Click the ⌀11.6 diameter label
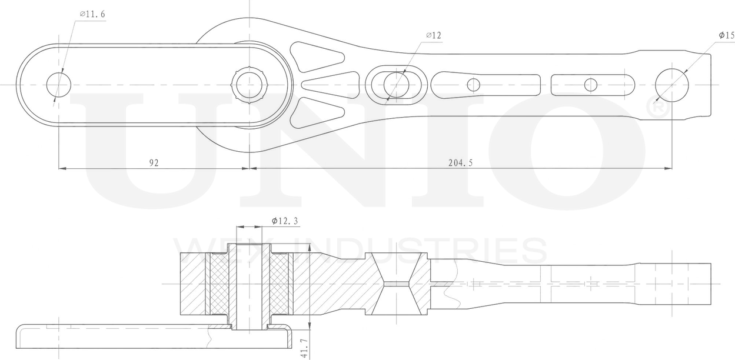[92, 14]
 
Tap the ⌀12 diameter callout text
[434, 35]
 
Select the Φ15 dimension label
[727, 35]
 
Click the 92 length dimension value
[154, 162]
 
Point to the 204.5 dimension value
[460, 162]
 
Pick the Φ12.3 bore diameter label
[285, 221]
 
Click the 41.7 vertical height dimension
[304, 348]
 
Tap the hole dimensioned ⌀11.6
[59, 85]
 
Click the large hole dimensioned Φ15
[671, 85]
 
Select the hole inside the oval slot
[397, 85]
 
